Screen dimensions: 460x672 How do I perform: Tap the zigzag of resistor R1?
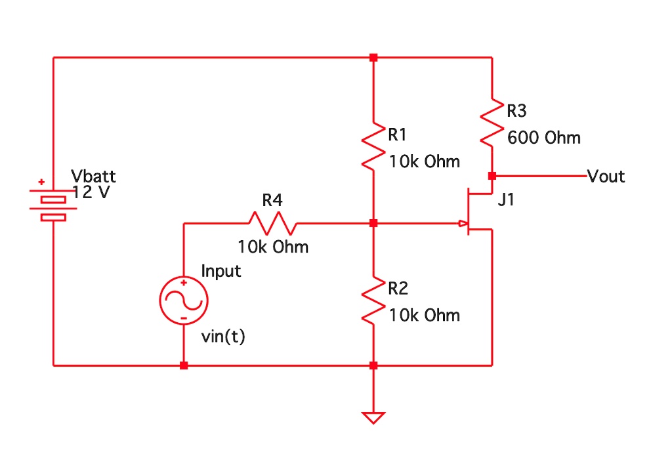pyautogui.click(x=373, y=145)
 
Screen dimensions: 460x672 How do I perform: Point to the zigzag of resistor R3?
pyautogui.click(x=492, y=122)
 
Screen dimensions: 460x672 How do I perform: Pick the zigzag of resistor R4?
pyautogui.click(x=272, y=224)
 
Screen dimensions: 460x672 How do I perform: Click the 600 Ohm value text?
pyautogui.click(x=543, y=138)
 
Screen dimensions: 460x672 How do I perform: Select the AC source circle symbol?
pyautogui.click(x=184, y=301)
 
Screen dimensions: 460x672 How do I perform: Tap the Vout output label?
pyautogui.click(x=606, y=177)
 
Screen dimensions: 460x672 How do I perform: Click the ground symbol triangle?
pyautogui.click(x=373, y=417)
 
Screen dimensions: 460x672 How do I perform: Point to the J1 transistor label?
pyautogui.click(x=506, y=201)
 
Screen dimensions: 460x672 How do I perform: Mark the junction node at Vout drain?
pyautogui.click(x=492, y=176)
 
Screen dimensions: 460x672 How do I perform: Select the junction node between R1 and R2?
pyautogui.click(x=373, y=224)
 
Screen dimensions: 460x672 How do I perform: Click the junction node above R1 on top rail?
pyautogui.click(x=373, y=58)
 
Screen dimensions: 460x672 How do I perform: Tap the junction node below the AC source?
pyautogui.click(x=184, y=366)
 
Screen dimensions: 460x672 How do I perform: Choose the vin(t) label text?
pyautogui.click(x=223, y=337)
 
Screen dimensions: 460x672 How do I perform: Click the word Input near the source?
pyautogui.click(x=221, y=270)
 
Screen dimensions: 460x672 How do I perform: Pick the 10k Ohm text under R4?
pyautogui.click(x=273, y=247)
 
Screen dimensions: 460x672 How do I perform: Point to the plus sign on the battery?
pyautogui.click(x=41, y=182)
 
